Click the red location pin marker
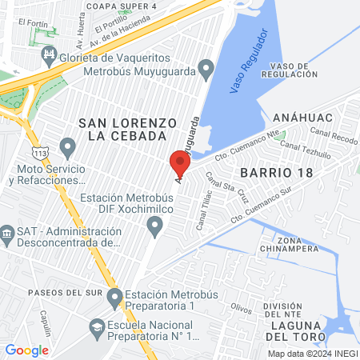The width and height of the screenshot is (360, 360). pyautogui.click(x=180, y=165)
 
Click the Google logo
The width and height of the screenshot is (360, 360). pyautogui.click(x=26, y=350)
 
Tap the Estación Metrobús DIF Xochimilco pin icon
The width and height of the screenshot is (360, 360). pyautogui.click(x=155, y=230)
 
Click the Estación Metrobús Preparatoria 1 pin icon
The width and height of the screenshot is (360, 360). pyautogui.click(x=114, y=298)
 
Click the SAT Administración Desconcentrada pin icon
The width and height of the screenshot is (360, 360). pyautogui.click(x=7, y=234)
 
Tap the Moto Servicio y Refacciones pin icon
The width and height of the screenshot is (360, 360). pyautogui.click(x=68, y=148)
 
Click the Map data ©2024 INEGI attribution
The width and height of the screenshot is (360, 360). pyautogui.click(x=312, y=353)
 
